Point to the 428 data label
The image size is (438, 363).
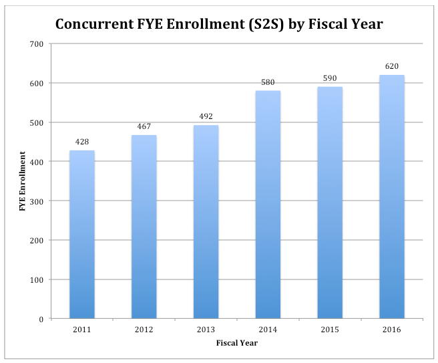pos(82,142)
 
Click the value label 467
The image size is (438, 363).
pos(144,126)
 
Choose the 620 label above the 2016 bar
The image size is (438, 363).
pos(392,66)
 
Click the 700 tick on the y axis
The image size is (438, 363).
pos(36,44)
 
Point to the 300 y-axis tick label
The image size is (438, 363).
pos(36,201)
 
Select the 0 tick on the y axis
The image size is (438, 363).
pos(41,319)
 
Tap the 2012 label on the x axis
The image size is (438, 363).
pos(144,330)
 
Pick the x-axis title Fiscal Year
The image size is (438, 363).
pos(236,343)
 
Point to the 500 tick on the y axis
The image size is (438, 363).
pos(36,123)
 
